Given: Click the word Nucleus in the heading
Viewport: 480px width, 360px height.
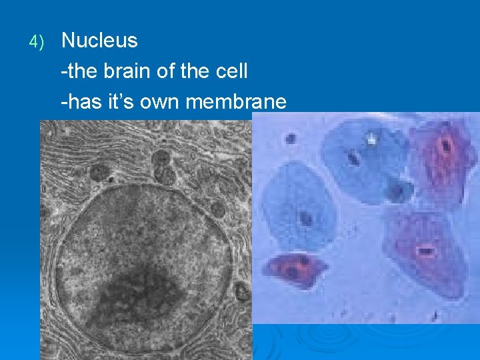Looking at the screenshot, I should coord(99,41).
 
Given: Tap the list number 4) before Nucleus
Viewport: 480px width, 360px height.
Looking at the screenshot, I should coord(36,42).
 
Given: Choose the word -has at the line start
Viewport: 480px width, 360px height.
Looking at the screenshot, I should coord(79,102).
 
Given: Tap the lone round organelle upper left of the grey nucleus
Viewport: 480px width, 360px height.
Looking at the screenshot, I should coord(99,173).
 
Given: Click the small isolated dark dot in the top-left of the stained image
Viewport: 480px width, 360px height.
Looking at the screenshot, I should coord(291,139).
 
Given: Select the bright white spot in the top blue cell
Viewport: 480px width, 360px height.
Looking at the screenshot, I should coord(371,139).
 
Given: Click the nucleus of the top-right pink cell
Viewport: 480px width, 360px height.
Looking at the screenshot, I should coord(445,145).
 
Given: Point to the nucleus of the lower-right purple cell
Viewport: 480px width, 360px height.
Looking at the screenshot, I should coord(425,251).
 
